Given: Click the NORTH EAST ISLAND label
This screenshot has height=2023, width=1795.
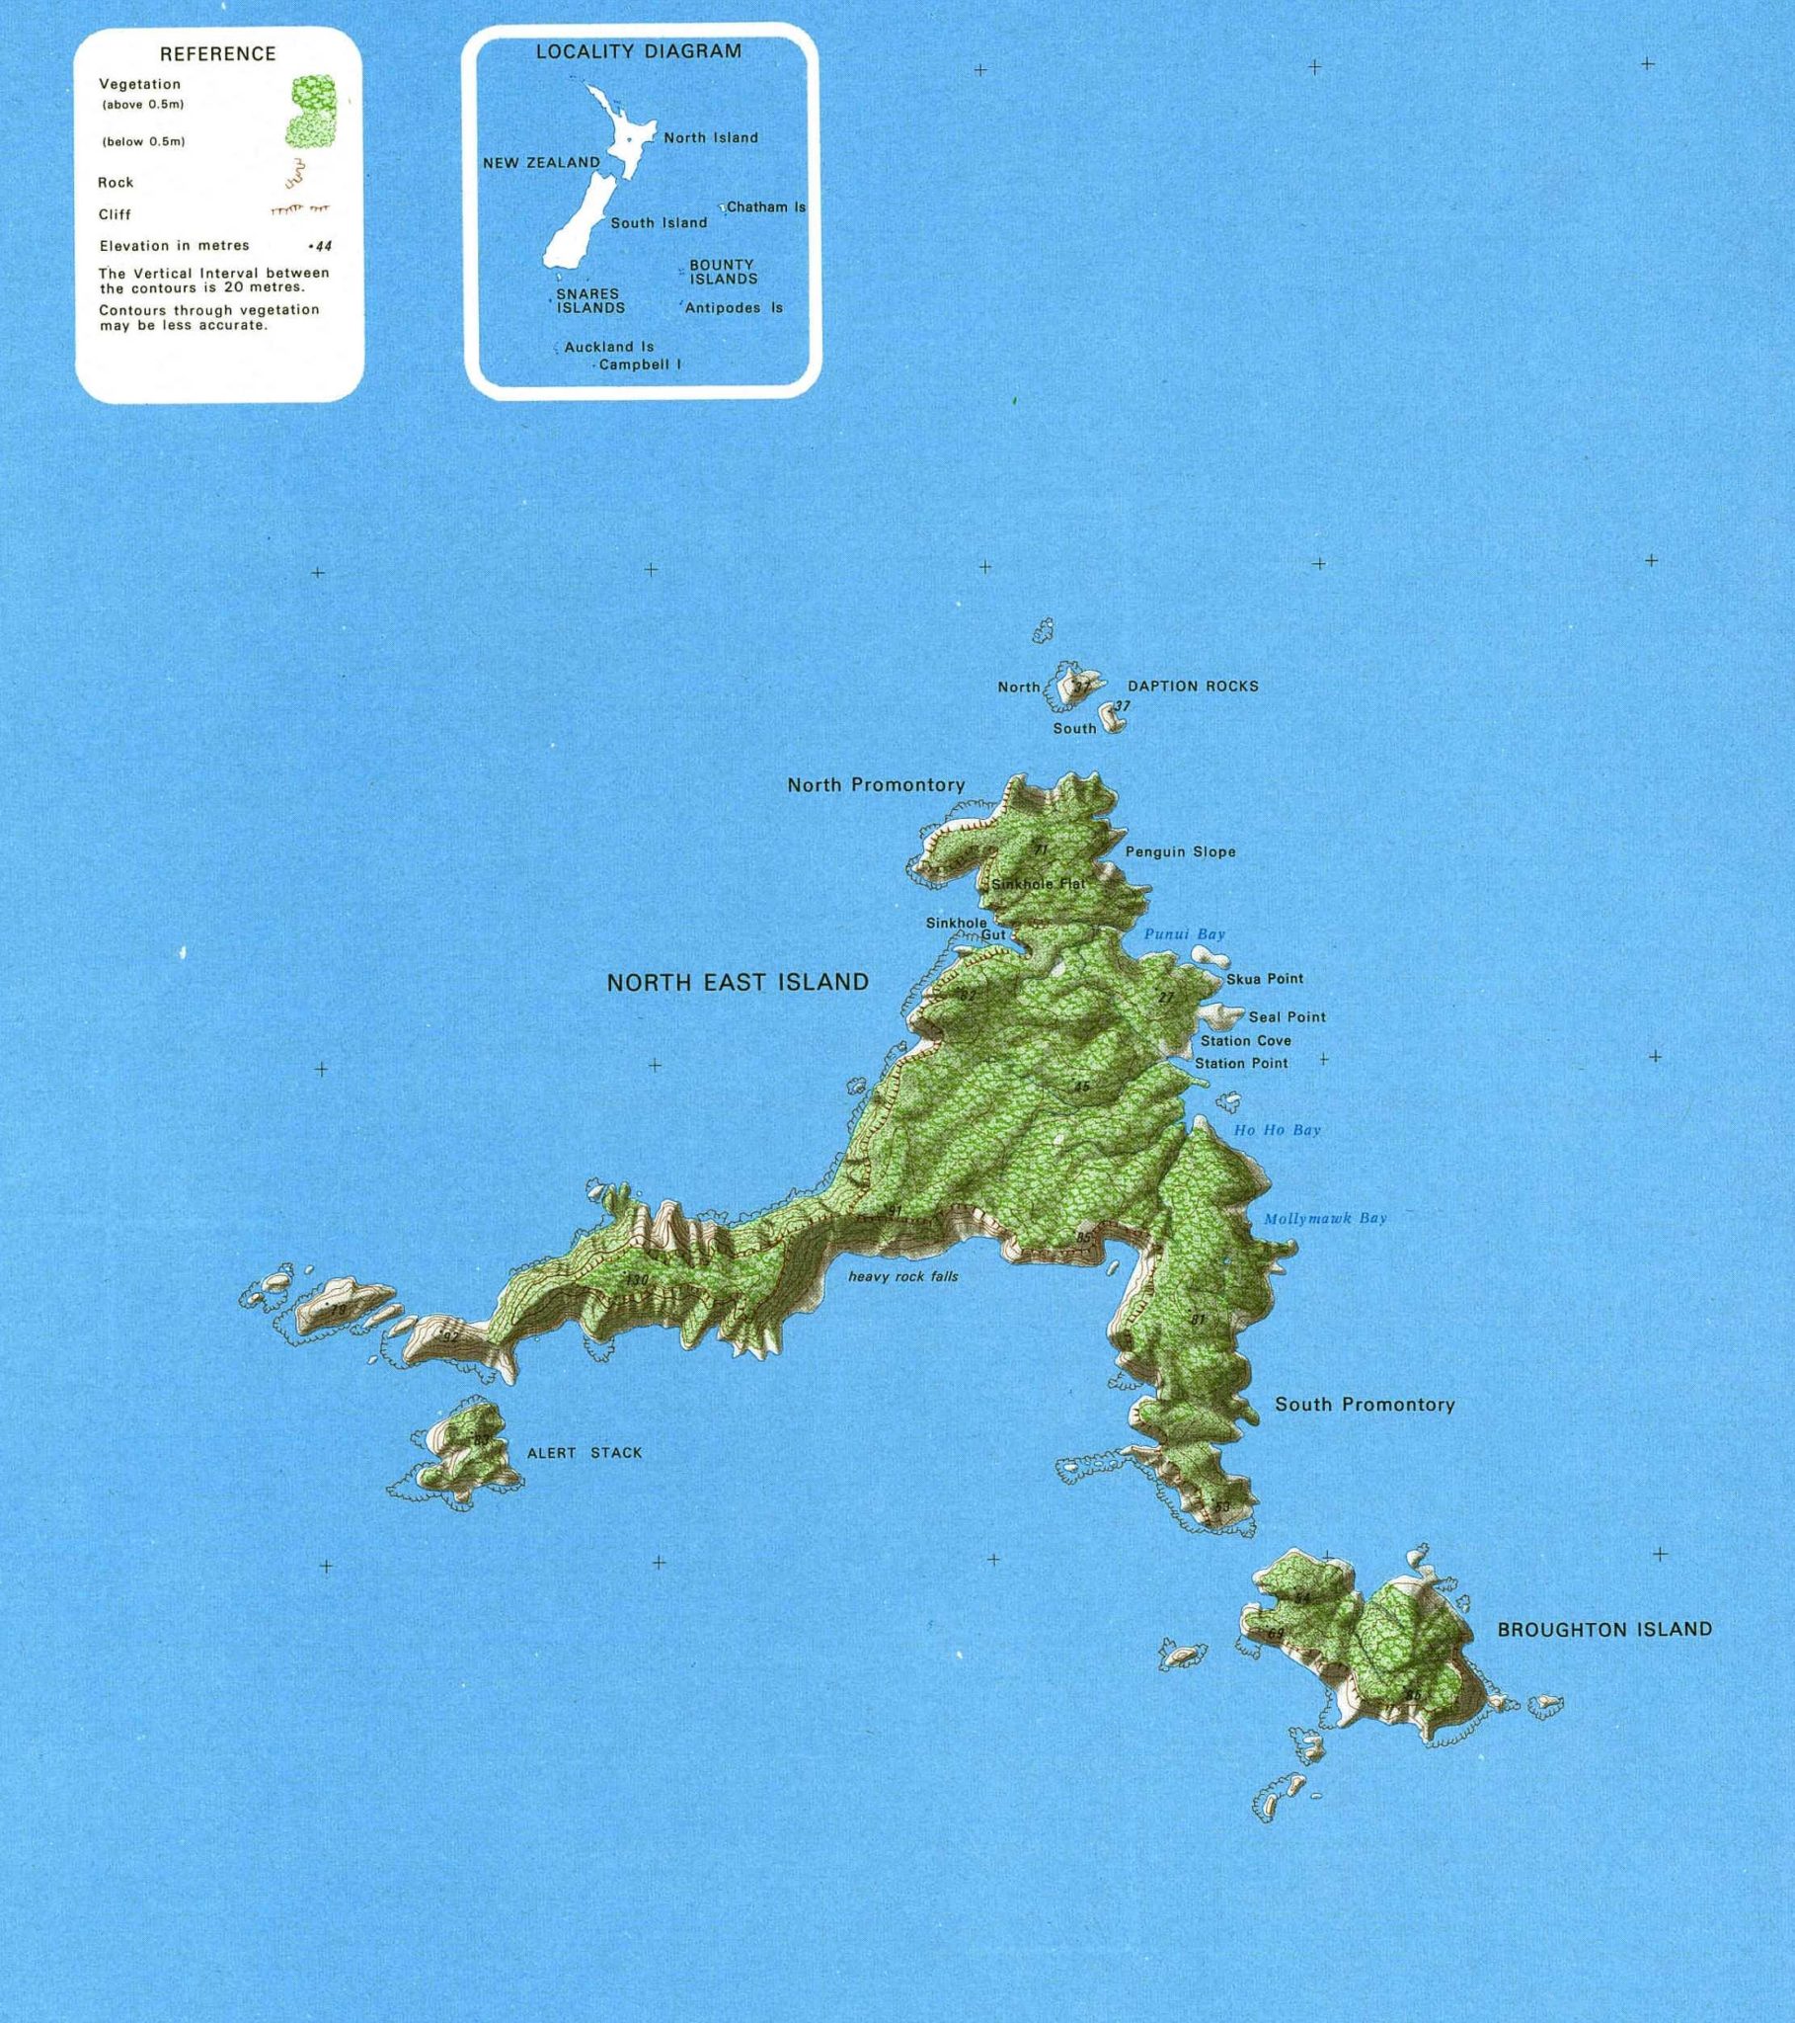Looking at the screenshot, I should (738, 982).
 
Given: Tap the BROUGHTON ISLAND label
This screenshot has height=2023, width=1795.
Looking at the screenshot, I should (1604, 1629).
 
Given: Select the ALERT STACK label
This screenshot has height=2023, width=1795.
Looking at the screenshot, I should (585, 1453).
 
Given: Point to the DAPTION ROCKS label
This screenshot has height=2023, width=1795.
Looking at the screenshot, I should (1194, 686).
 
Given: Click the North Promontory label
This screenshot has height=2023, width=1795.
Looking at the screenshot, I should (876, 785).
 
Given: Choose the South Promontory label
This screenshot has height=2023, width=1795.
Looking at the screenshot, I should (1365, 1405).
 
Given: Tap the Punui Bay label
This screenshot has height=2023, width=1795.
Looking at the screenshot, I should (1185, 933).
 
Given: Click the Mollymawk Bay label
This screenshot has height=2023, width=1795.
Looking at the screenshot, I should (1325, 1218).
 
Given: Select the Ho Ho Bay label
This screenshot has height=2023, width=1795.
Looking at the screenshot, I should (1277, 1129).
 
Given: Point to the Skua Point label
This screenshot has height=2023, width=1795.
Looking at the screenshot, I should (1265, 979).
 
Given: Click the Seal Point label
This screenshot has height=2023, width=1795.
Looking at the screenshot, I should (1287, 1016).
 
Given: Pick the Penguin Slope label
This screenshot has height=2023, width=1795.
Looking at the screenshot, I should (1181, 851).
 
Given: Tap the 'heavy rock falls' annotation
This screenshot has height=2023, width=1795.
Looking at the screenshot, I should (902, 1276).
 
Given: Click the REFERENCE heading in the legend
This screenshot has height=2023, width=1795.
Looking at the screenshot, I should (217, 53).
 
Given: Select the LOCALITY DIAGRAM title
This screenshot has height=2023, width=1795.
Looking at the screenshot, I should (638, 51).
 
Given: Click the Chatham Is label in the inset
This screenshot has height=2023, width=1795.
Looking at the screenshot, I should (766, 206).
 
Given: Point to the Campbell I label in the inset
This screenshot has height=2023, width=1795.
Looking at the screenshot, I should (640, 364).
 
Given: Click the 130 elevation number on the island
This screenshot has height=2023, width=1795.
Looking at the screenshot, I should (637, 1280).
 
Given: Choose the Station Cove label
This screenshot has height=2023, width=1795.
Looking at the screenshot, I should (1246, 1040).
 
